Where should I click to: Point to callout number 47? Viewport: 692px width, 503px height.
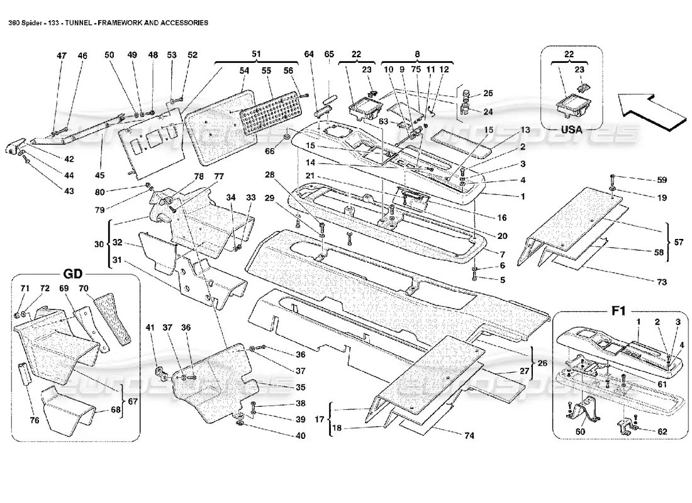(x=62, y=56)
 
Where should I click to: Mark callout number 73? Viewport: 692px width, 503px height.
(x=661, y=282)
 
